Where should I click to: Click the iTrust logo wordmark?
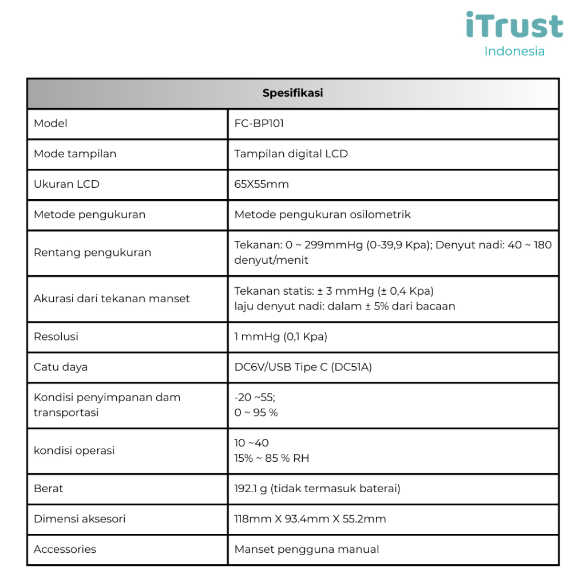coord(514,26)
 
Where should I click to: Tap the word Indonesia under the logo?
coord(514,52)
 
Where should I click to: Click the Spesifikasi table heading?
coord(292,93)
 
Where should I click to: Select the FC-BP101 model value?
coord(259,124)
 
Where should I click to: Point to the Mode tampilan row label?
coord(75,154)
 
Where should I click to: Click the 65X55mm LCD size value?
coord(262,184)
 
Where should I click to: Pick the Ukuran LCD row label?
coord(66,184)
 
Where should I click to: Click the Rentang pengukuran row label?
coord(93,252)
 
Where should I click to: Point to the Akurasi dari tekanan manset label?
coord(112,298)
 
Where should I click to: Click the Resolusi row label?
coord(56,336)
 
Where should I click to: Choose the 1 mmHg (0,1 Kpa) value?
coord(280,336)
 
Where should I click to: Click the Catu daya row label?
coord(61,367)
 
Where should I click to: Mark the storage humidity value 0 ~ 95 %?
coord(256,413)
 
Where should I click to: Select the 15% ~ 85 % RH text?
coord(272,458)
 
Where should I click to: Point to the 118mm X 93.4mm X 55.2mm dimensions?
coord(310,519)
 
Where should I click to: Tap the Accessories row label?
coord(65,549)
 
